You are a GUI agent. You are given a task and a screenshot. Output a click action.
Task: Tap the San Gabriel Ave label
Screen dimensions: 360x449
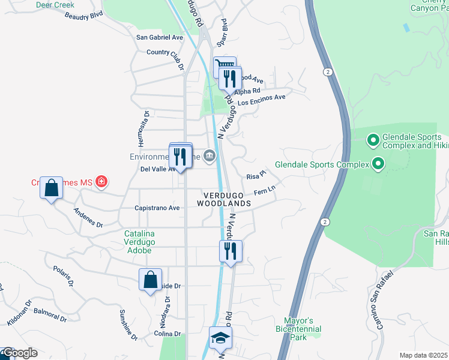(x=160, y=37)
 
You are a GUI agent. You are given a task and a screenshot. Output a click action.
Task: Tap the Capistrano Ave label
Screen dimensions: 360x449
(x=157, y=208)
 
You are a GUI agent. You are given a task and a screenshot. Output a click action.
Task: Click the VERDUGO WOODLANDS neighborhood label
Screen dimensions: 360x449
(x=226, y=200)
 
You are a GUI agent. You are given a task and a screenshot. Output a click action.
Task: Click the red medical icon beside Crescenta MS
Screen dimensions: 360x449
(x=101, y=181)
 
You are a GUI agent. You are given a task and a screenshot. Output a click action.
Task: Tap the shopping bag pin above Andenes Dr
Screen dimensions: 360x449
(x=52, y=188)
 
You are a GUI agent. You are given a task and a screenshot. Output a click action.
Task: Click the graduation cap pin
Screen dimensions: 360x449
(x=220, y=338)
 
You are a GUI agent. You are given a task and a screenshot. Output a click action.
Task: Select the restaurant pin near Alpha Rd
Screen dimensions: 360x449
(x=230, y=79)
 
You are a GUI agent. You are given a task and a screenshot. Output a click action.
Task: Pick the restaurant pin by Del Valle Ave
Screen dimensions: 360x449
(x=181, y=157)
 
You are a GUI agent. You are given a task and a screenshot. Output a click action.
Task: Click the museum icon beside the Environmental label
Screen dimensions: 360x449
(x=209, y=157)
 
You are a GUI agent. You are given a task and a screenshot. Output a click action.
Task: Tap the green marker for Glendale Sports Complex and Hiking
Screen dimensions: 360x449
(x=373, y=141)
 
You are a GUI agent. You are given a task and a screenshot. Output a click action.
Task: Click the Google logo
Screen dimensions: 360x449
(x=19, y=353)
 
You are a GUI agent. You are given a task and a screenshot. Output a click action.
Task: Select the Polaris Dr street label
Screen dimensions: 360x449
(x=63, y=274)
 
